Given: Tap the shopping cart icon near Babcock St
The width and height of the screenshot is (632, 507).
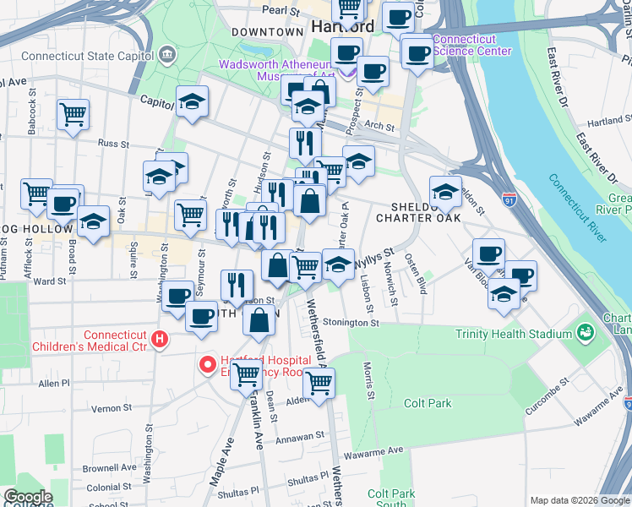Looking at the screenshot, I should pyautogui.click(x=74, y=114).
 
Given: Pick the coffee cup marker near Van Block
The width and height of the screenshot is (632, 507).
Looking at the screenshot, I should pyautogui.click(x=488, y=253).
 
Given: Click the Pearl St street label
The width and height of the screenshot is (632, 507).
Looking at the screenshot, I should pyautogui.click(x=281, y=11).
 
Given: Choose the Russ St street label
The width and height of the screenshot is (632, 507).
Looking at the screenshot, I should pyautogui.click(x=112, y=144).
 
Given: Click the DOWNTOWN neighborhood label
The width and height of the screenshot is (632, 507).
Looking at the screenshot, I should pyautogui.click(x=267, y=32).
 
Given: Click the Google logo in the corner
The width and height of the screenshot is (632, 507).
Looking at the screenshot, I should pyautogui.click(x=27, y=498).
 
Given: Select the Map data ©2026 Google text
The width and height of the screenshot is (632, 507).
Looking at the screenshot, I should pyautogui.click(x=579, y=500).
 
